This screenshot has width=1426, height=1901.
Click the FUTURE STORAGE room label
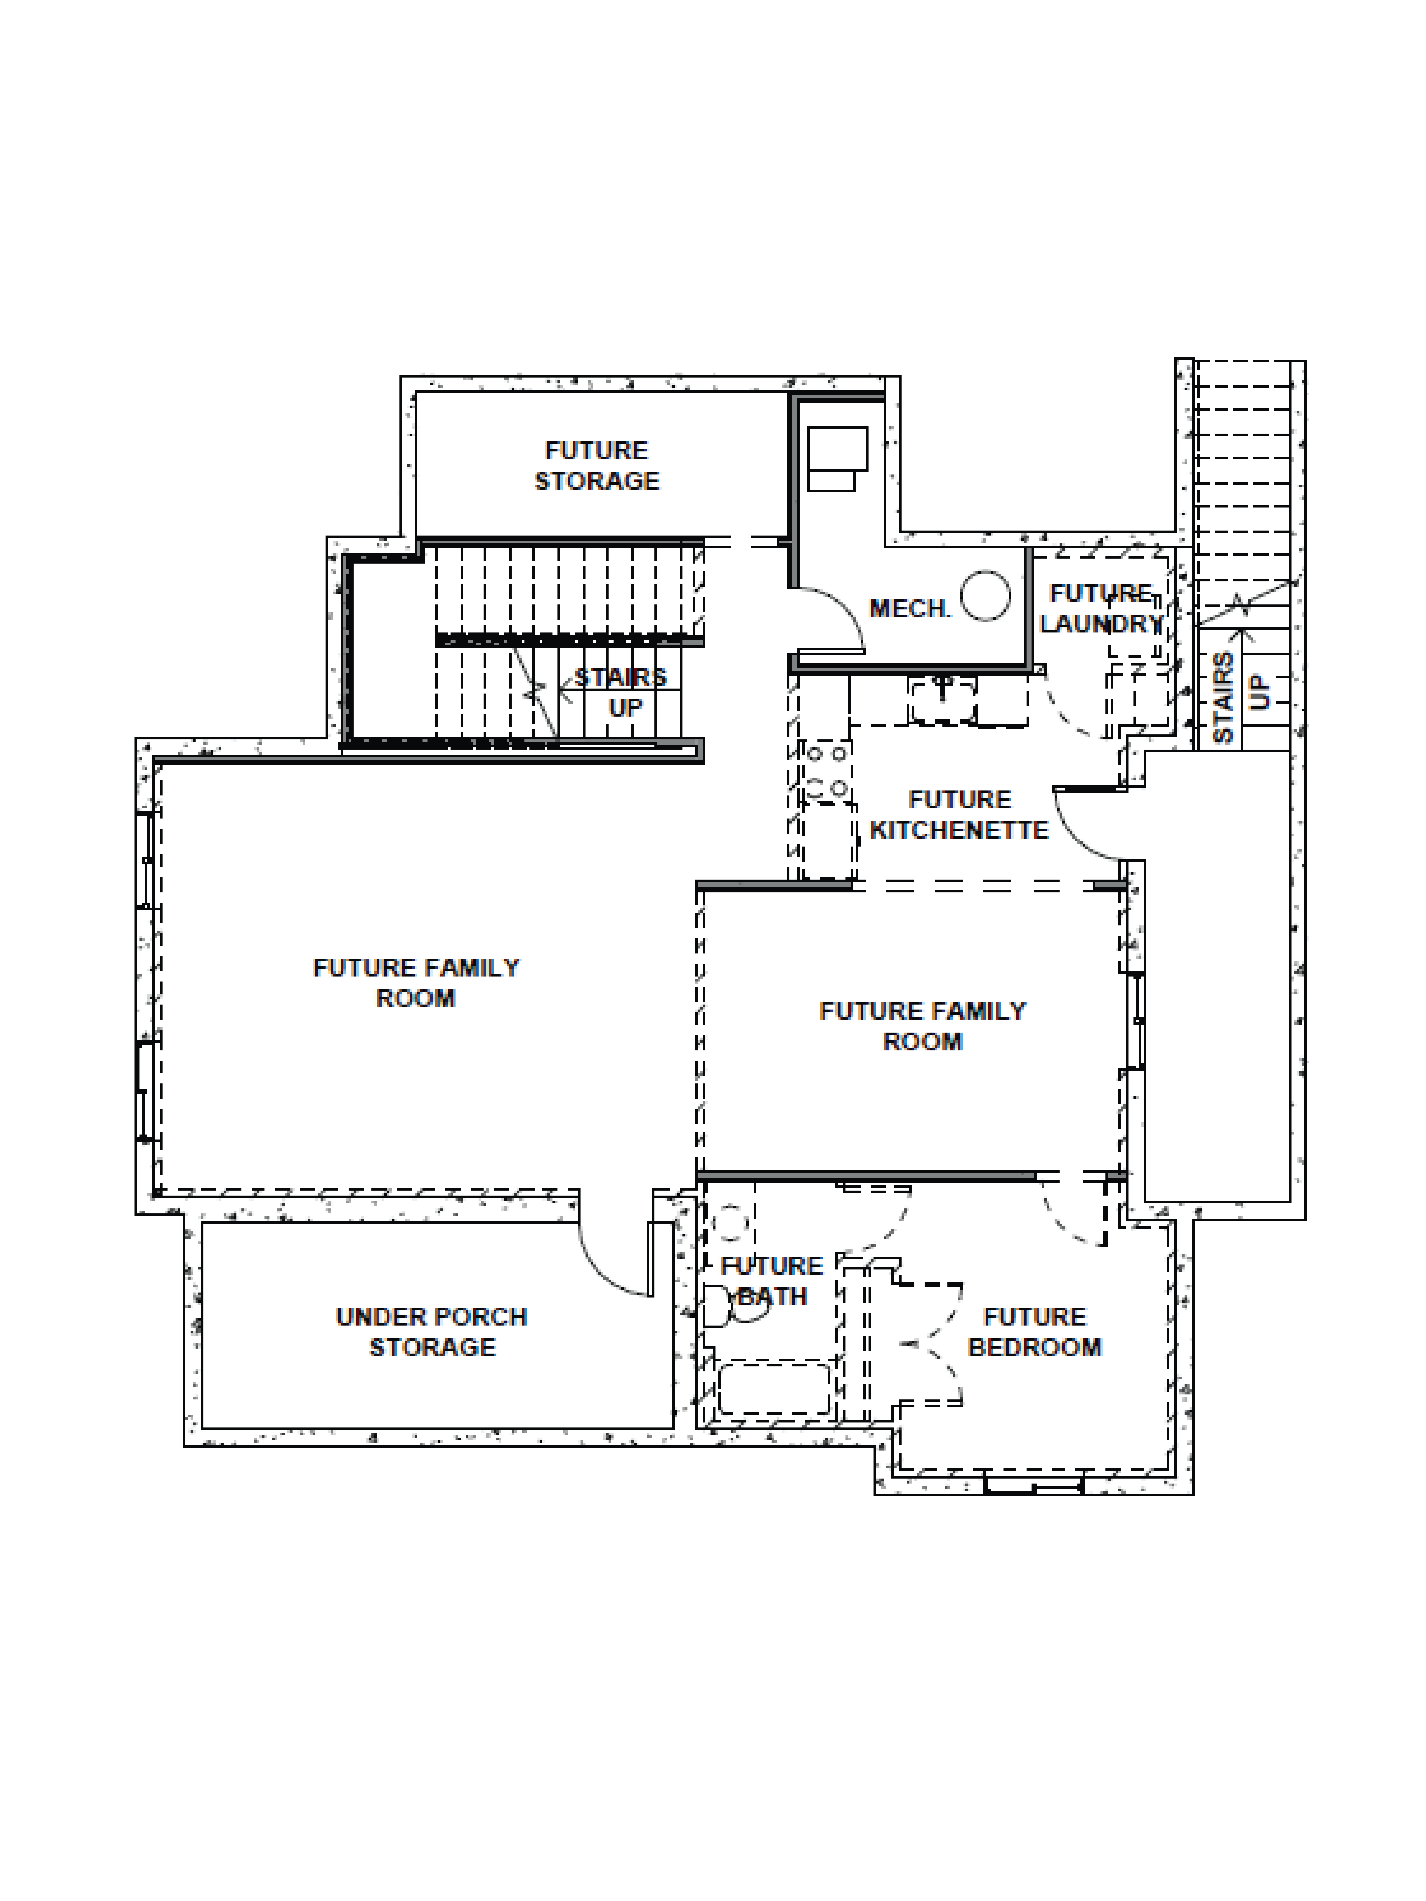[596, 466]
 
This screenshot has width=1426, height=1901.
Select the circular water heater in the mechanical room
[985, 596]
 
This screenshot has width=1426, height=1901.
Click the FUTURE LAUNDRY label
[1101, 608]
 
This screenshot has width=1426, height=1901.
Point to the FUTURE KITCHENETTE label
[959, 815]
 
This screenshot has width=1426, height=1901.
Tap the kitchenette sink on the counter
[943, 698]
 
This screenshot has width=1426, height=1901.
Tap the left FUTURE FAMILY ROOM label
[416, 982]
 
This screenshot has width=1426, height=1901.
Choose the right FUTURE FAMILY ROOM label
[922, 1025]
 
